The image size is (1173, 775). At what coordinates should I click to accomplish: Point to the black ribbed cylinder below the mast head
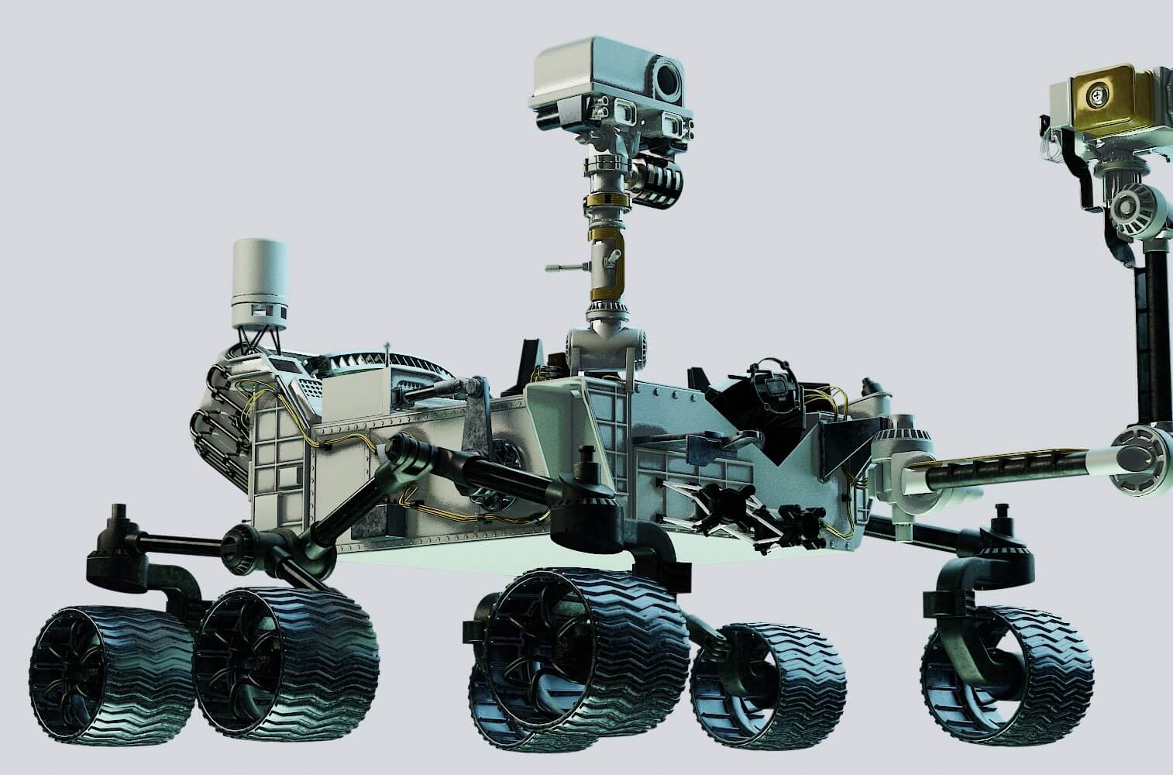coord(659,184)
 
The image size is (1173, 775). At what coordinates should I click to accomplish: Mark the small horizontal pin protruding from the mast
coord(564,268)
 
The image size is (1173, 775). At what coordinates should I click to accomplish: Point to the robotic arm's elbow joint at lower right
coord(1139,460)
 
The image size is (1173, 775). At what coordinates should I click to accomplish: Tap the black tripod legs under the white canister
coord(259,339)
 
